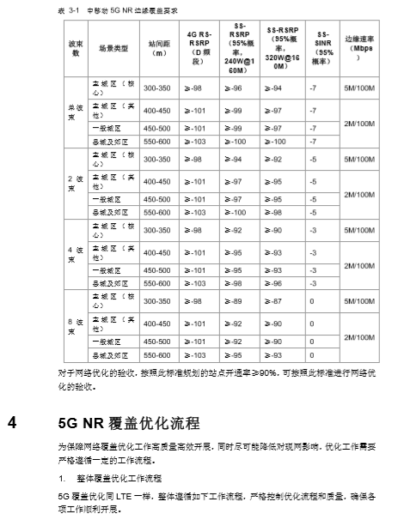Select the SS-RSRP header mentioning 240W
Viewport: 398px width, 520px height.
click(240, 47)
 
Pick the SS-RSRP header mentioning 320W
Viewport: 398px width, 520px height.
click(282, 47)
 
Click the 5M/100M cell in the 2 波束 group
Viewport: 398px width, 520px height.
click(358, 159)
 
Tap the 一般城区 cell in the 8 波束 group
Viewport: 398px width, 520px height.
click(107, 342)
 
